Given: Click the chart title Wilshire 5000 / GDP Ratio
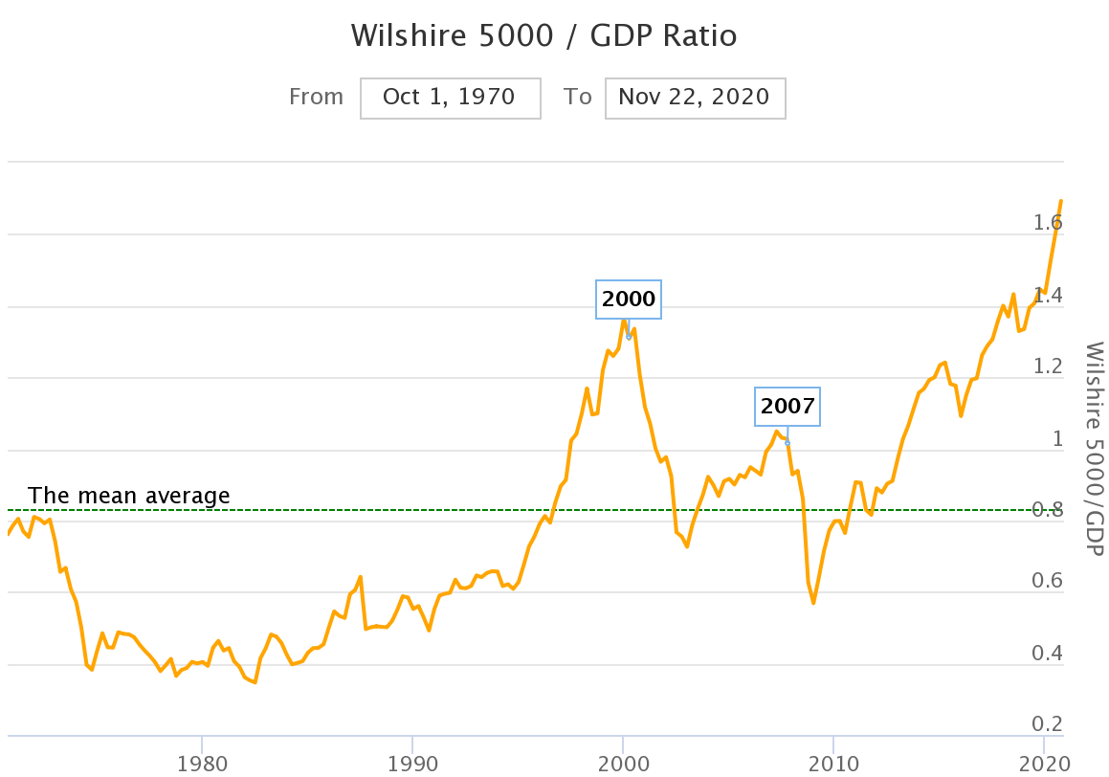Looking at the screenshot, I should click(544, 35).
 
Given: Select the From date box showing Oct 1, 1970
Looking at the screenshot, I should click(450, 97).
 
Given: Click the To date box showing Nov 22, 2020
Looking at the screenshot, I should click(695, 97).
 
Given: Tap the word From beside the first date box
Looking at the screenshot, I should click(316, 97).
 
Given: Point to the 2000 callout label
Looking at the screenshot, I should click(629, 300).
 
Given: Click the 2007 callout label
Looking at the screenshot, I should click(787, 406).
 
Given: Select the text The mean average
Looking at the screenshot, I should click(129, 496).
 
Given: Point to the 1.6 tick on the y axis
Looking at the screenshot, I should click(1047, 223).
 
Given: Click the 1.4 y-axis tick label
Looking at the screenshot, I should click(1047, 296).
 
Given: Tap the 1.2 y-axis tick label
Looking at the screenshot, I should click(1047, 367).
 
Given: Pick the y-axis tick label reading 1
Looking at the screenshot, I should click(1057, 439).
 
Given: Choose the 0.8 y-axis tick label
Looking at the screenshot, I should click(1047, 510).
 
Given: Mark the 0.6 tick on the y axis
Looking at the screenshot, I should click(1047, 582).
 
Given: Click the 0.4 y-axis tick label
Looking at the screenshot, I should click(1047, 654).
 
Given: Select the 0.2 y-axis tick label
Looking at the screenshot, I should click(1047, 724).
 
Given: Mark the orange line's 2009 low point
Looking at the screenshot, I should click(813, 603).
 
